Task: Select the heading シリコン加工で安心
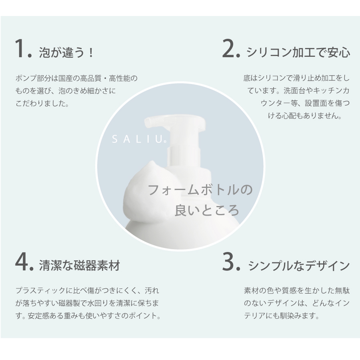[298, 52]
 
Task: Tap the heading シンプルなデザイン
[299, 266]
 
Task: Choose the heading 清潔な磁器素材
[80, 266]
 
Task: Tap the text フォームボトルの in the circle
[200, 190]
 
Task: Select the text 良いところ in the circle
[206, 210]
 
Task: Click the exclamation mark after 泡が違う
[91, 53]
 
